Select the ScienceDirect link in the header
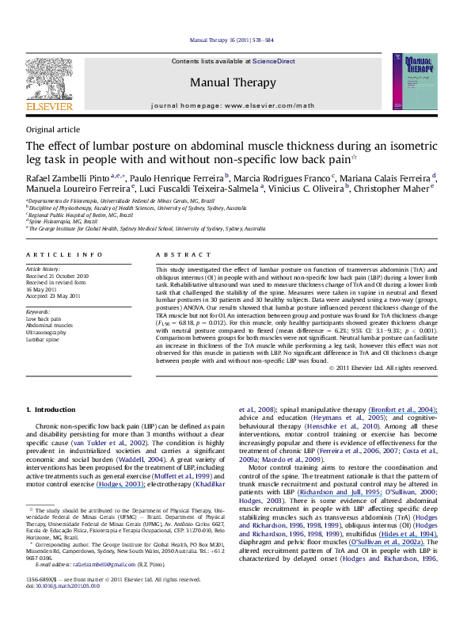(x=275, y=61)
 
